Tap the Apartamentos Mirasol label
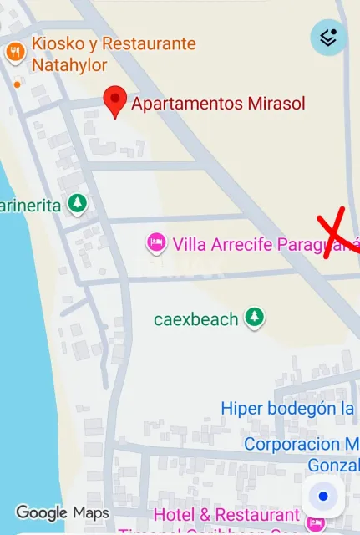point(219,104)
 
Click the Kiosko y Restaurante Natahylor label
point(114,53)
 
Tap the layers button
point(329,38)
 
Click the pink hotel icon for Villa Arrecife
point(155,243)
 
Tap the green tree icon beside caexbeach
point(254,318)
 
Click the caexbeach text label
point(196,318)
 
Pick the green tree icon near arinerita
point(78,203)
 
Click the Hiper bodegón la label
point(289,408)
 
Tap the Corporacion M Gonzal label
point(302,454)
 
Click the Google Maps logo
point(63,512)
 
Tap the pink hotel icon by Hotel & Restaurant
point(316,523)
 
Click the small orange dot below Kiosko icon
point(17,84)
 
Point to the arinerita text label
point(31,205)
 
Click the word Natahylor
point(69,64)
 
